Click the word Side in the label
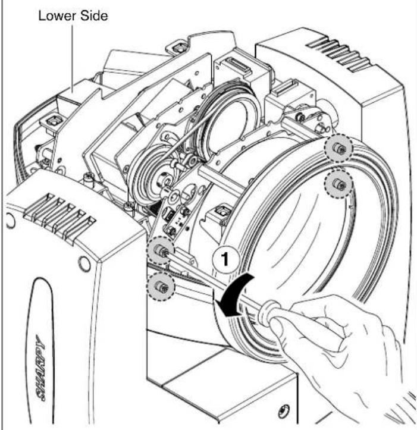94,15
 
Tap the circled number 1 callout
225,259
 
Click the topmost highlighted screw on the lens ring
338,148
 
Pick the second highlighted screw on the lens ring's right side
338,183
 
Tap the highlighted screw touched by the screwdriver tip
161,250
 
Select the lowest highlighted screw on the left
161,287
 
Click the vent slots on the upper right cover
340,55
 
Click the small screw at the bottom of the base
283,411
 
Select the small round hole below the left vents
84,264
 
